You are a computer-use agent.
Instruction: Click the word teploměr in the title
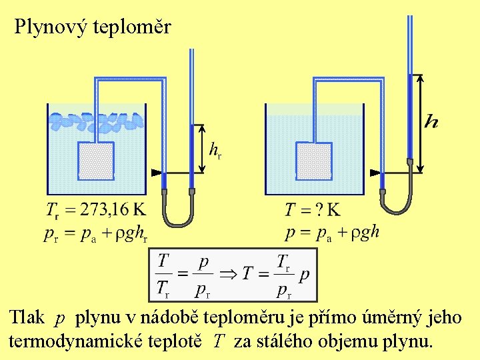[133, 27]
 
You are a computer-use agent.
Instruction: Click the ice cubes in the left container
[97, 121]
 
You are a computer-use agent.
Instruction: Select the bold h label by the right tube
[432, 121]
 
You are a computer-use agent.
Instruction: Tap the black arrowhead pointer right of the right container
[373, 173]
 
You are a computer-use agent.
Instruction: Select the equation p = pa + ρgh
[331, 233]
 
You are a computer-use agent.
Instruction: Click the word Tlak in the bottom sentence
[27, 318]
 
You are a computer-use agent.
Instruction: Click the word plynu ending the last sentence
[409, 341]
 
